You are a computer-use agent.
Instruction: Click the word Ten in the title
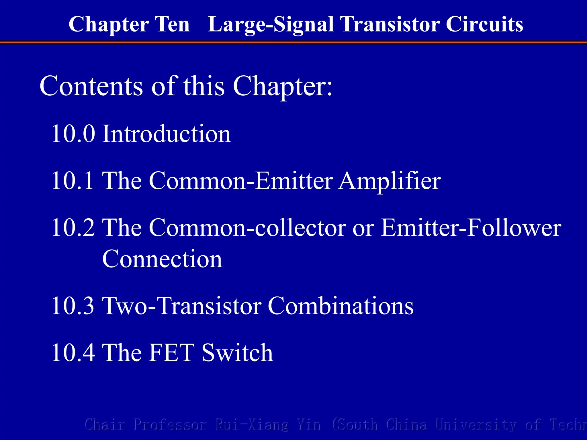tap(172, 24)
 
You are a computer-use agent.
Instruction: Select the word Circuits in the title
tap(484, 24)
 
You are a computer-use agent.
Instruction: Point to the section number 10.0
tap(73, 134)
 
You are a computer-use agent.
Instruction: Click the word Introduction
tap(167, 134)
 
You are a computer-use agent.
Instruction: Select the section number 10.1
tap(73, 180)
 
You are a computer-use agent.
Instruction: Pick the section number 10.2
tap(73, 228)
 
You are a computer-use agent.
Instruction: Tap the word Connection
tap(162, 259)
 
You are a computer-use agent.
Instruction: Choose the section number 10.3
tap(73, 306)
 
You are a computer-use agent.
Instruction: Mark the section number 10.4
tap(73, 353)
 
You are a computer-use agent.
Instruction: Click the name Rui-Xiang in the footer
tap(252, 425)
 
